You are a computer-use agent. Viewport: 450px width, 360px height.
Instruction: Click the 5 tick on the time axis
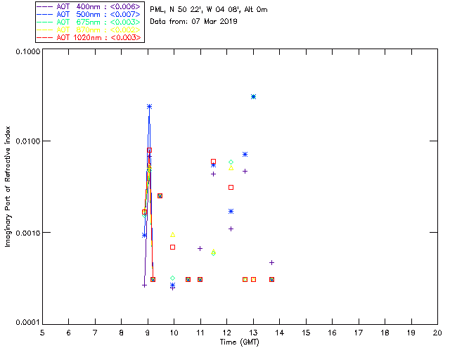tap(42, 332)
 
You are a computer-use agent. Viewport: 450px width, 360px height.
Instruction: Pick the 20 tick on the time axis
tap(437, 332)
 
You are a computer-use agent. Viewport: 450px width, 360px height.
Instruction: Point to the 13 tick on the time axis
tap(253, 332)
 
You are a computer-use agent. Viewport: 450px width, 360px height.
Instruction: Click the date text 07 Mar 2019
tap(214, 21)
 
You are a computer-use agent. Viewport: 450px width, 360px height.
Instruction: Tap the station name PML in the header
tap(158, 10)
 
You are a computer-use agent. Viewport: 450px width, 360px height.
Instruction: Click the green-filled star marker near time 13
tap(253, 96)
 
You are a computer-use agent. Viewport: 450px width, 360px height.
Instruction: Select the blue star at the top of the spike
tap(149, 106)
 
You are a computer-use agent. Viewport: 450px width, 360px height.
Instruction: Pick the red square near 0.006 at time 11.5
tap(213, 162)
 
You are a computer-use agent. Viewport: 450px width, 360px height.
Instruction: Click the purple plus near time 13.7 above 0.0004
tap(271, 262)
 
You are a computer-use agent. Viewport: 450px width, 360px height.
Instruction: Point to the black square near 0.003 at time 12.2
tap(231, 187)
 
